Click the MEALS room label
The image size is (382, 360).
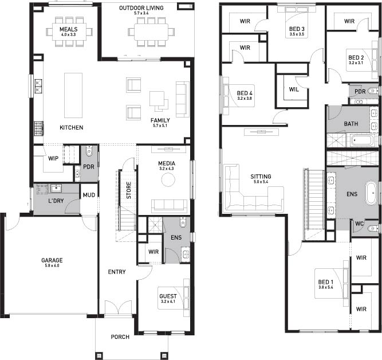coord(69,29)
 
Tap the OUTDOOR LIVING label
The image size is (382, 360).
coord(141,8)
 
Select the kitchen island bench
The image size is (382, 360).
coord(73,95)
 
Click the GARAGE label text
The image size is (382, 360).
coord(52,260)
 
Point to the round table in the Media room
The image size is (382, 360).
coord(168,180)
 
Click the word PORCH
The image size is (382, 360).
coord(120,337)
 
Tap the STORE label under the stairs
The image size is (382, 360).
coord(129,190)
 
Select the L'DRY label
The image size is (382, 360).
coord(56,201)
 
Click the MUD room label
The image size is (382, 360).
coord(89,195)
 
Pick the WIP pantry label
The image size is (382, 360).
coord(53,159)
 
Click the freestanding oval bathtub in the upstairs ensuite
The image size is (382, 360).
coord(371,193)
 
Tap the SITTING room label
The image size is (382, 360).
coord(261,177)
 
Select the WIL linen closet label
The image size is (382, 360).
coord(294,89)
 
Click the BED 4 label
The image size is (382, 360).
coord(245,93)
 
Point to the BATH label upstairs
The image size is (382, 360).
coord(351,124)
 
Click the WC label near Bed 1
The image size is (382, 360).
coord(359,224)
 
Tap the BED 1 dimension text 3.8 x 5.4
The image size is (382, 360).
coord(326,287)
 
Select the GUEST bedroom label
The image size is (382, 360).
coord(168,296)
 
